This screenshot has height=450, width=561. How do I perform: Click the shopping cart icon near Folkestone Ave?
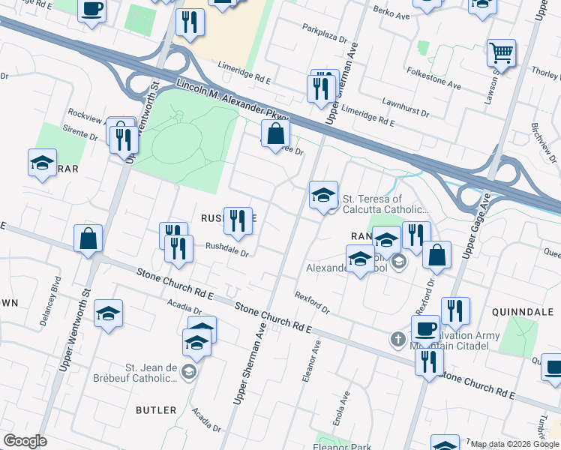pyautogui.click(x=501, y=53)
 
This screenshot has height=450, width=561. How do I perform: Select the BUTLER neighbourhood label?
pyautogui.click(x=156, y=410)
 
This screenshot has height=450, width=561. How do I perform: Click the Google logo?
pyautogui.click(x=25, y=441)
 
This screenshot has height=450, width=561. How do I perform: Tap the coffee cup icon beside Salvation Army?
pyautogui.click(x=425, y=328)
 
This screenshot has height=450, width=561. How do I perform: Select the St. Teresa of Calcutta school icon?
pyautogui.click(x=324, y=196)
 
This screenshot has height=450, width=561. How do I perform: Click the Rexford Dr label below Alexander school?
pyautogui.click(x=312, y=302)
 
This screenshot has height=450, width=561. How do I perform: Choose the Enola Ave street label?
pyautogui.click(x=346, y=406)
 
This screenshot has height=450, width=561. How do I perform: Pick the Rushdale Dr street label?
pyautogui.click(x=226, y=249)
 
